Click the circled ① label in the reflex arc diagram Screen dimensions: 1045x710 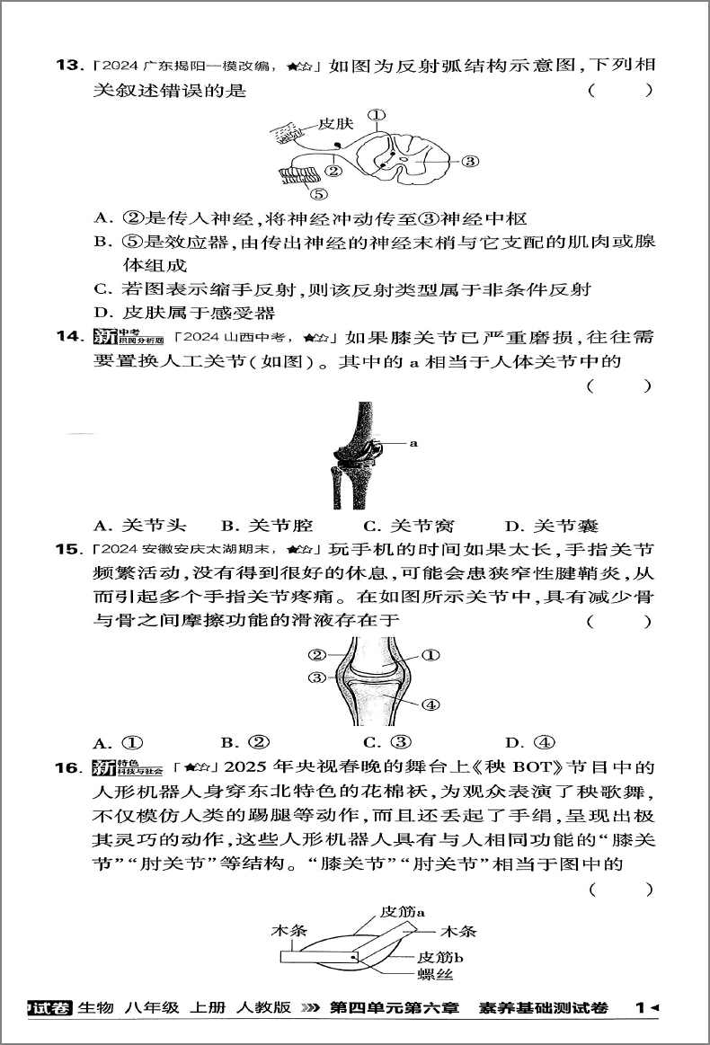point(377,115)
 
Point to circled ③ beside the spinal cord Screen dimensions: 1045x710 point(470,162)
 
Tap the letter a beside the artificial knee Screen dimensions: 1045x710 point(413,443)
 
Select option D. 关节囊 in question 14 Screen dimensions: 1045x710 point(552,526)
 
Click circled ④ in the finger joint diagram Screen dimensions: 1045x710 point(430,704)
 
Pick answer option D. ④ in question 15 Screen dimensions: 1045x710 point(531,743)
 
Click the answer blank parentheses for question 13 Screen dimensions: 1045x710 point(620,91)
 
